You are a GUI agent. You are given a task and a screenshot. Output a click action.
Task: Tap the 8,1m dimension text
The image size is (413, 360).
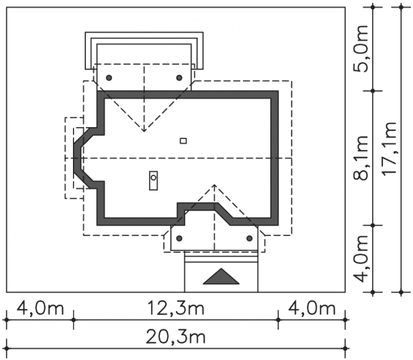pyautogui.click(x=363, y=157)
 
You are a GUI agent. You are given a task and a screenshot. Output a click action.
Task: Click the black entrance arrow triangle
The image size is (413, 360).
pyautogui.click(x=222, y=277)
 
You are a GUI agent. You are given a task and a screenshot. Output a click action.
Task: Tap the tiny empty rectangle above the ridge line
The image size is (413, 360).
pyautogui.click(x=184, y=140)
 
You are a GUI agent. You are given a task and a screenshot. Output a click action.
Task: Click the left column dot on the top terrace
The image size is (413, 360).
pyautogui.click(x=109, y=78)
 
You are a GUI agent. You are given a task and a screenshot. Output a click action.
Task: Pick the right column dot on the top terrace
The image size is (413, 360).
pyautogui.click(x=179, y=78)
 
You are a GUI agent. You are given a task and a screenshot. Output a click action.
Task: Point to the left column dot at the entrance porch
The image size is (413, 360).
pyautogui.click(x=181, y=238)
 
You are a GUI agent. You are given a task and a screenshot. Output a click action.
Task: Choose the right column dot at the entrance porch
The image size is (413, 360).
pyautogui.click(x=249, y=238)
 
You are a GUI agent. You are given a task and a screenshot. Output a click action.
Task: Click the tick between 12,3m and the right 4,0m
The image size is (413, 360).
pyautogui.click(x=278, y=320)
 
